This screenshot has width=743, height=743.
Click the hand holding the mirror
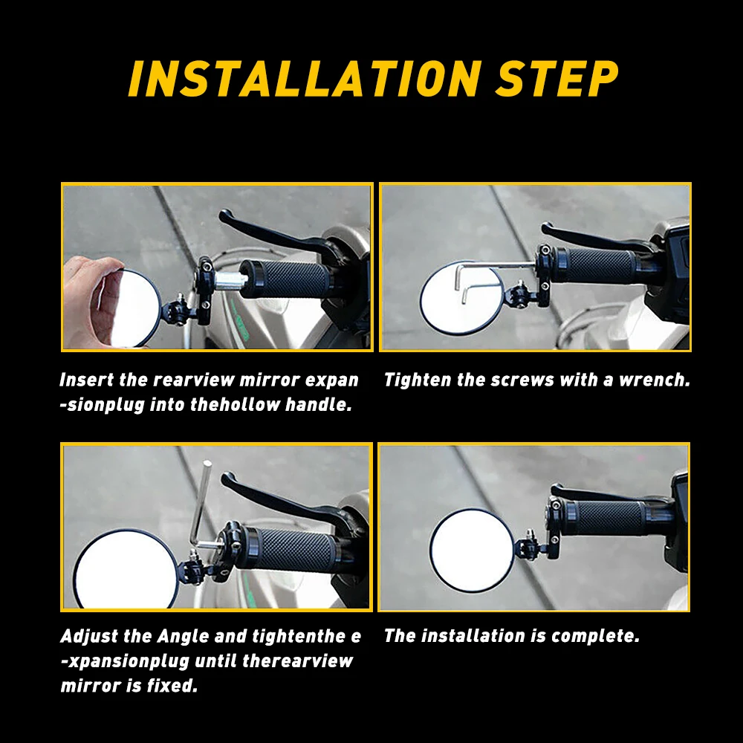(90, 301)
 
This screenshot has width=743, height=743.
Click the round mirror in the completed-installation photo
(472, 551)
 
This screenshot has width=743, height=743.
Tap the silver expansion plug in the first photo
(230, 280)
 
